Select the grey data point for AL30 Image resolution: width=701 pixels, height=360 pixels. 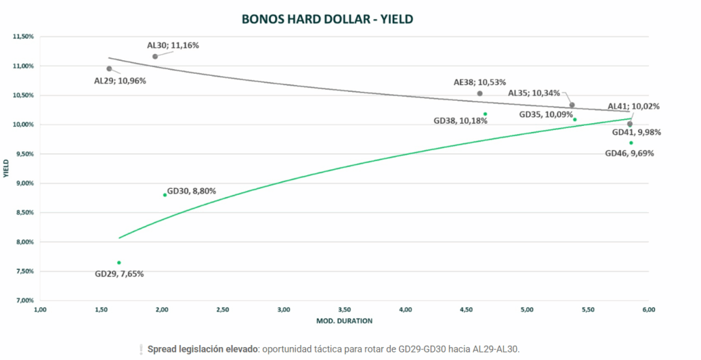tap(155, 56)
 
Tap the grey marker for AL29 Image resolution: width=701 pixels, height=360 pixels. tap(110, 68)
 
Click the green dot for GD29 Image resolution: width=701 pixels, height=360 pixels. tap(119, 263)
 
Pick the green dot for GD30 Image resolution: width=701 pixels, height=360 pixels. tap(165, 195)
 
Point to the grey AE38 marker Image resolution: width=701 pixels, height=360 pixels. tap(480, 93)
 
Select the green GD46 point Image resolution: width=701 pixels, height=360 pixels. tap(631, 143)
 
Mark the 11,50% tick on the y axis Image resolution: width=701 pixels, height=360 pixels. tap(23, 36)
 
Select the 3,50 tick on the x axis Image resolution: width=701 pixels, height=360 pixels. tap(344, 310)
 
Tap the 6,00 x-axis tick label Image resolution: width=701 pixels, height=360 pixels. tap(649, 310)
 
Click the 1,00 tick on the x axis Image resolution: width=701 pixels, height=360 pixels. tap(40, 310)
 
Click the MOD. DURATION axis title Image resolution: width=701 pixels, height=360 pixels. tap(344, 320)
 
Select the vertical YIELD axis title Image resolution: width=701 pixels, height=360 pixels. tap(6, 168)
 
